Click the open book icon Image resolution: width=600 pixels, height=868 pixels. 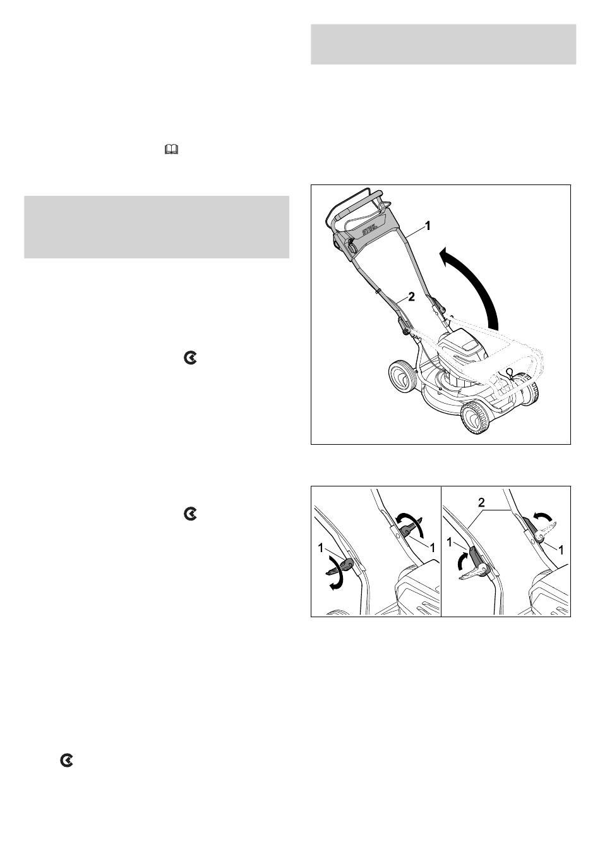[x=171, y=149]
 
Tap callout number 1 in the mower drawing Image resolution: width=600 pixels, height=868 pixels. [x=428, y=226]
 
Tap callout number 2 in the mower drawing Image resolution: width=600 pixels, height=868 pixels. [x=411, y=297]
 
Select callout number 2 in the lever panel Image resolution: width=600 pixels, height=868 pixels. [x=481, y=503]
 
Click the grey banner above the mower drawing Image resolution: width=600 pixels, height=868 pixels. [x=443, y=44]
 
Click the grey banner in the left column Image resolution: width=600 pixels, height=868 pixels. [x=157, y=227]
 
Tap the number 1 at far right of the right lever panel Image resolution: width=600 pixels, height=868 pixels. [x=560, y=549]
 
